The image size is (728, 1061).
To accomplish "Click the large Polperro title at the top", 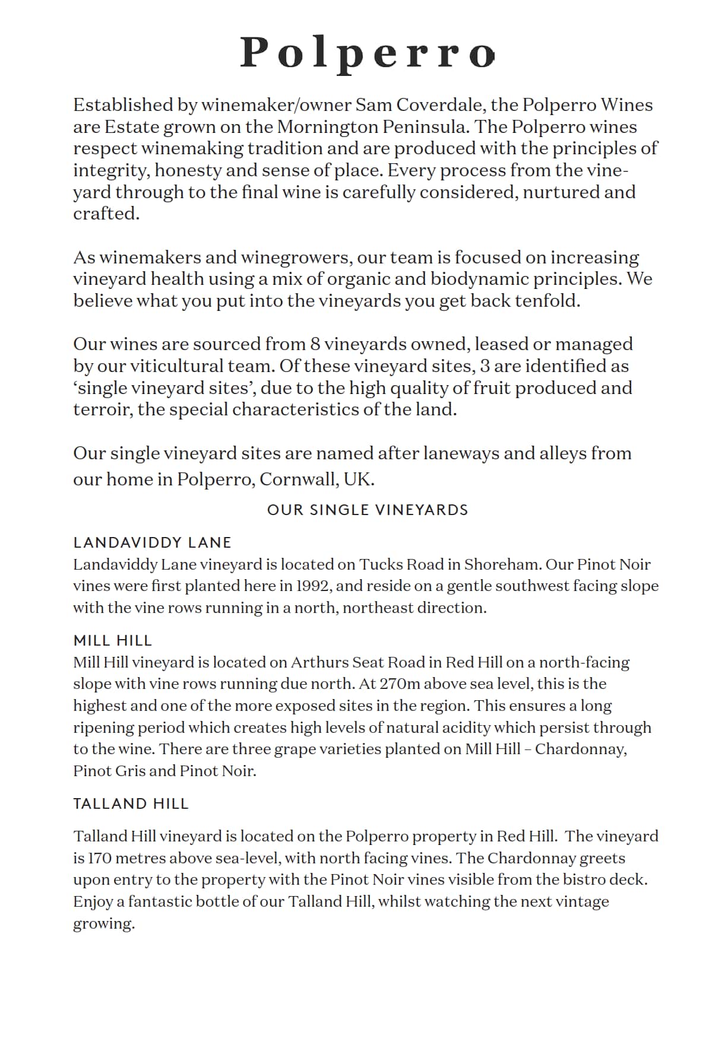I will click(367, 53).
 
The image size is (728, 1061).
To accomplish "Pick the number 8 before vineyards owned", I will click(315, 344).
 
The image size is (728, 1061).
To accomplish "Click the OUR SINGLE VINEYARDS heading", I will click(368, 510).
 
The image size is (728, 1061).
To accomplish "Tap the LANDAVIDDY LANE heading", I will click(152, 542).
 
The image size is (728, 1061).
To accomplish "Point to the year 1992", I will click(312, 586).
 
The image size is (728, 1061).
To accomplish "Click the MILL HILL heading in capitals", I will click(113, 641).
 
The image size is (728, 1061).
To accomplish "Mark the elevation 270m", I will click(401, 684).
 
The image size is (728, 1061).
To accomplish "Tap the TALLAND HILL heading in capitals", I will click(131, 804).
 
